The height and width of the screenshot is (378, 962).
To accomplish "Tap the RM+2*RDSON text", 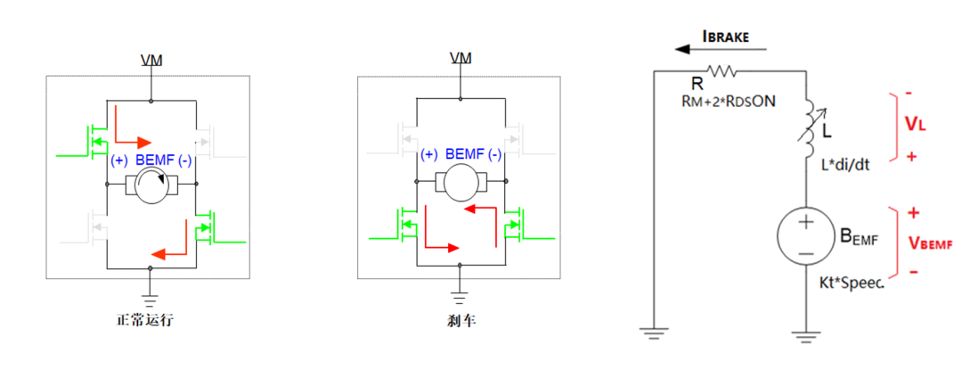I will [728, 102].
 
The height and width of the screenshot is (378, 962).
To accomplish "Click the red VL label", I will [917, 125].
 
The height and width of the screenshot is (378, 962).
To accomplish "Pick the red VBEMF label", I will [930, 242].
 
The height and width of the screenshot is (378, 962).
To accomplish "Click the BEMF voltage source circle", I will [804, 237].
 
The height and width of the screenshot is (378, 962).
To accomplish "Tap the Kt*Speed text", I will [851, 282].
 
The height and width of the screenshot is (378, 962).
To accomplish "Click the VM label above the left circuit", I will [151, 60].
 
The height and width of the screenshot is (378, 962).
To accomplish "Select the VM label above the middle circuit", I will [461, 58].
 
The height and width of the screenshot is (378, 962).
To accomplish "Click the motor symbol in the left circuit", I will [152, 185].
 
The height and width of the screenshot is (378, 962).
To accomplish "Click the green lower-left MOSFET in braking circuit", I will [406, 222].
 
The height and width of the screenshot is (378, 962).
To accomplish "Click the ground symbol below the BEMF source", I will [804, 336].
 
